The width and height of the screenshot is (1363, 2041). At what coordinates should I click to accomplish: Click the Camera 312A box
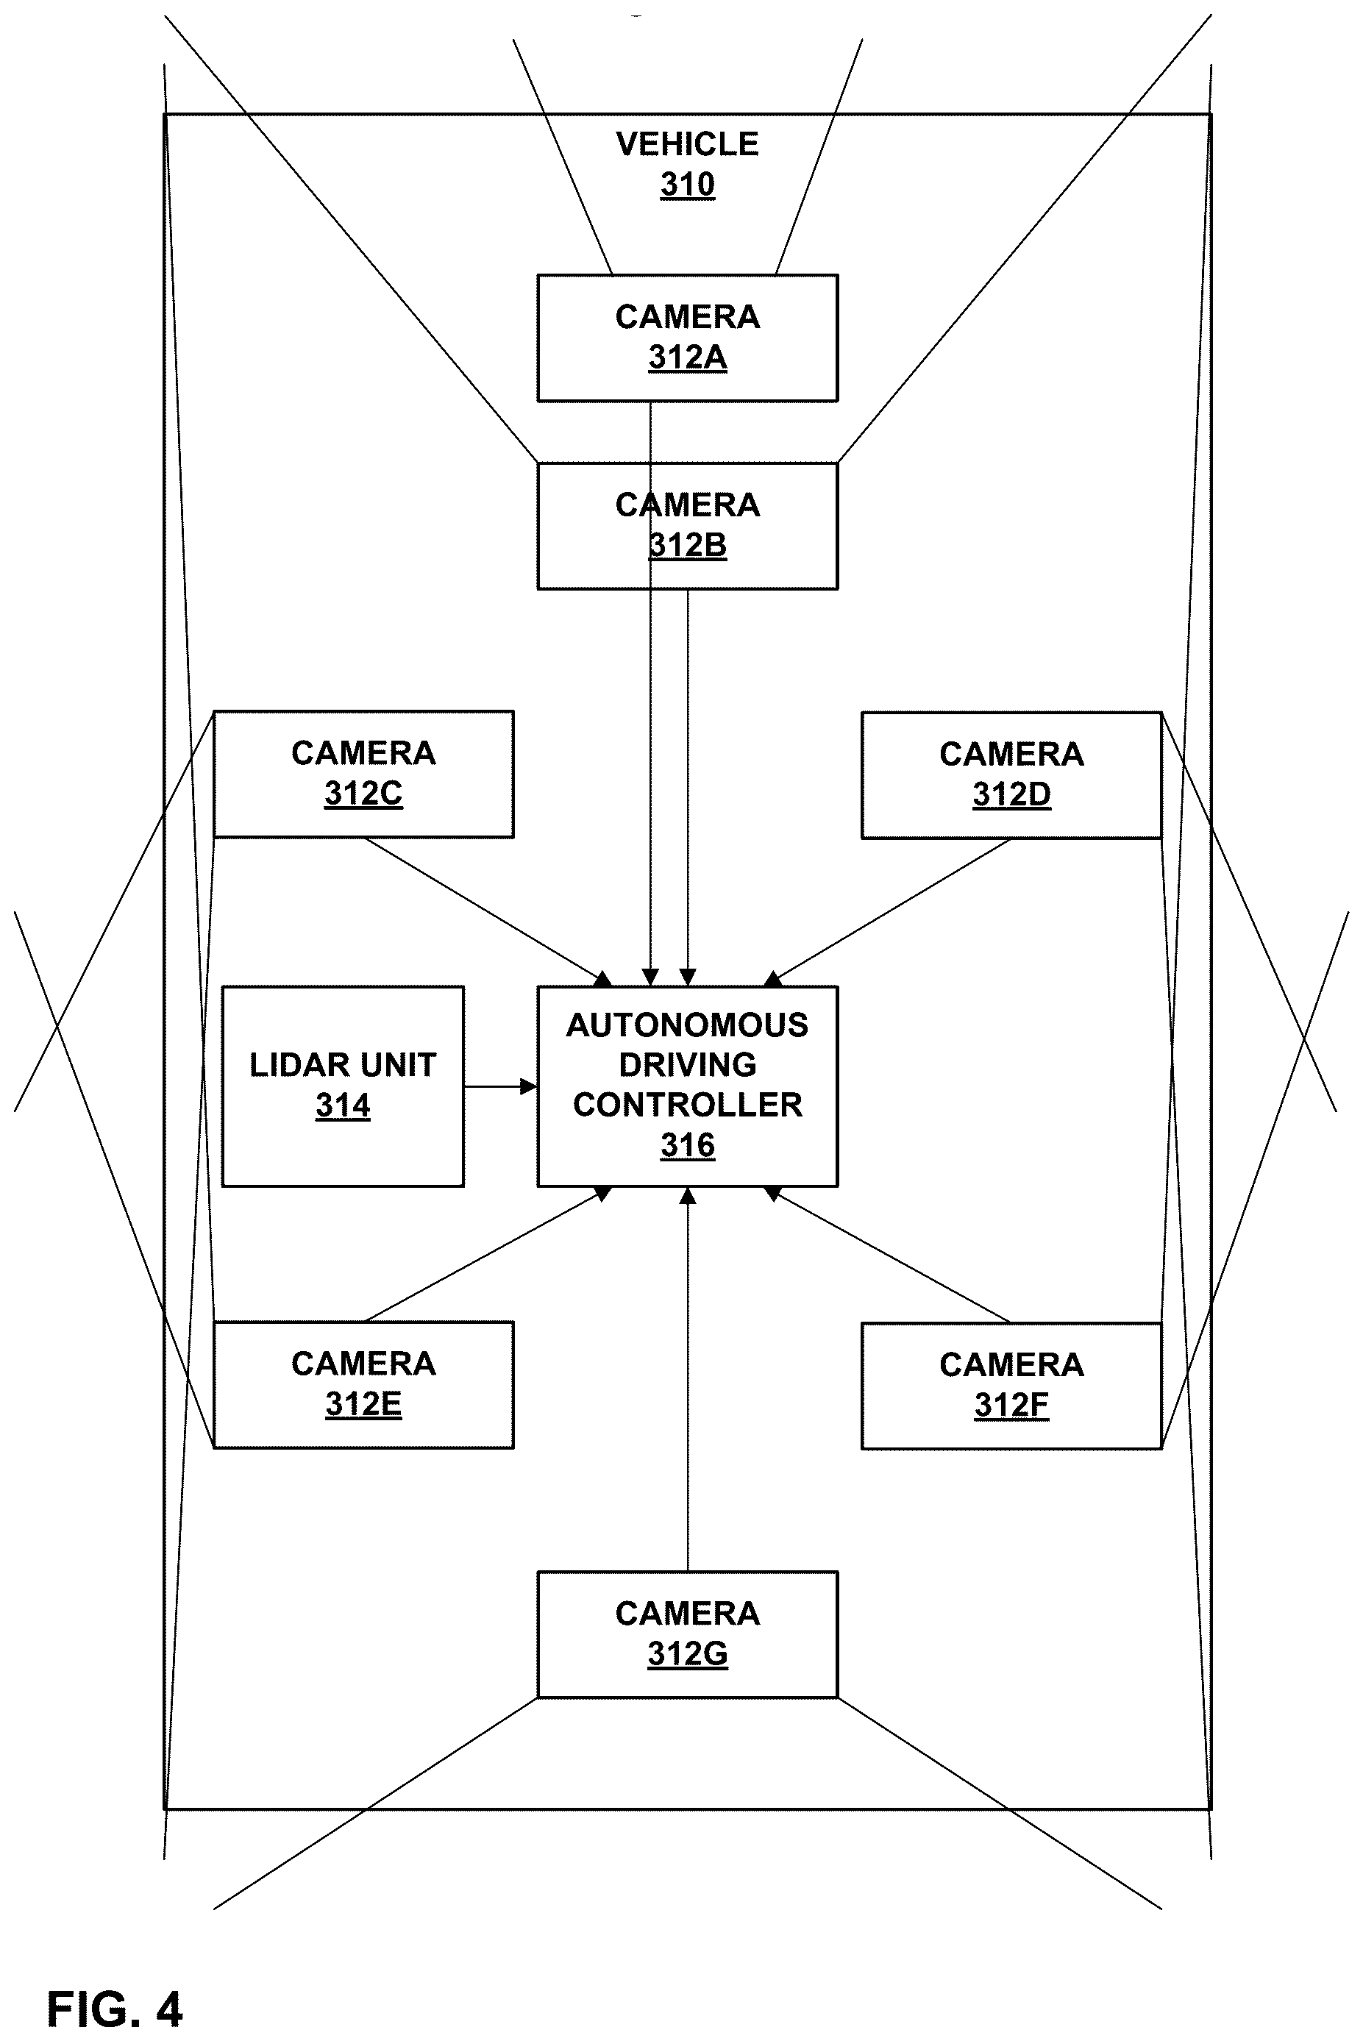pos(688,338)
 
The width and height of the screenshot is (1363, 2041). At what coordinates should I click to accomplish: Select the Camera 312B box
pos(688,526)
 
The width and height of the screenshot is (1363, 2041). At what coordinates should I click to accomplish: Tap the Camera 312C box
pos(363,774)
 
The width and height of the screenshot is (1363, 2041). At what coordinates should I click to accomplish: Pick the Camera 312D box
pos(1012,775)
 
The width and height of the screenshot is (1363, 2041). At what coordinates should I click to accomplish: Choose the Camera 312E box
pos(363,1385)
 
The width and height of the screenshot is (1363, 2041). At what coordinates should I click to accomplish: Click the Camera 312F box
pos(1012,1386)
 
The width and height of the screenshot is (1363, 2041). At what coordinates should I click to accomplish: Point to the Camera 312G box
pos(688,1634)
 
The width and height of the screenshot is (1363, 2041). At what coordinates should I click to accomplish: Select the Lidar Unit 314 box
pos(344,1086)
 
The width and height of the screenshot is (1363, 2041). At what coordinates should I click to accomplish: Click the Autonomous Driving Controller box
pos(688,1086)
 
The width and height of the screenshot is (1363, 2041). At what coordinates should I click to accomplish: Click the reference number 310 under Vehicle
pos(688,185)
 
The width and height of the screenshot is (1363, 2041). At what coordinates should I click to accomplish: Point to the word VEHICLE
pos(688,144)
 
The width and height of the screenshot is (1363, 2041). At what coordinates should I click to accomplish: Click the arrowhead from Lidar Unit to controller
pos(529,1086)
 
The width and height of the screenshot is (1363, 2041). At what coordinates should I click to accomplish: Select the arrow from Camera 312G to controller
pos(688,1378)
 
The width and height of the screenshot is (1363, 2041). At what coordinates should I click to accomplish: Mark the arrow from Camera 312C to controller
pos(488,912)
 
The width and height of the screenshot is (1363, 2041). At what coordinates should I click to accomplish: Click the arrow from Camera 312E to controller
pos(488,1254)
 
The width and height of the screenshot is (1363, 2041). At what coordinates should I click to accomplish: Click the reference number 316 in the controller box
pos(688,1146)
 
